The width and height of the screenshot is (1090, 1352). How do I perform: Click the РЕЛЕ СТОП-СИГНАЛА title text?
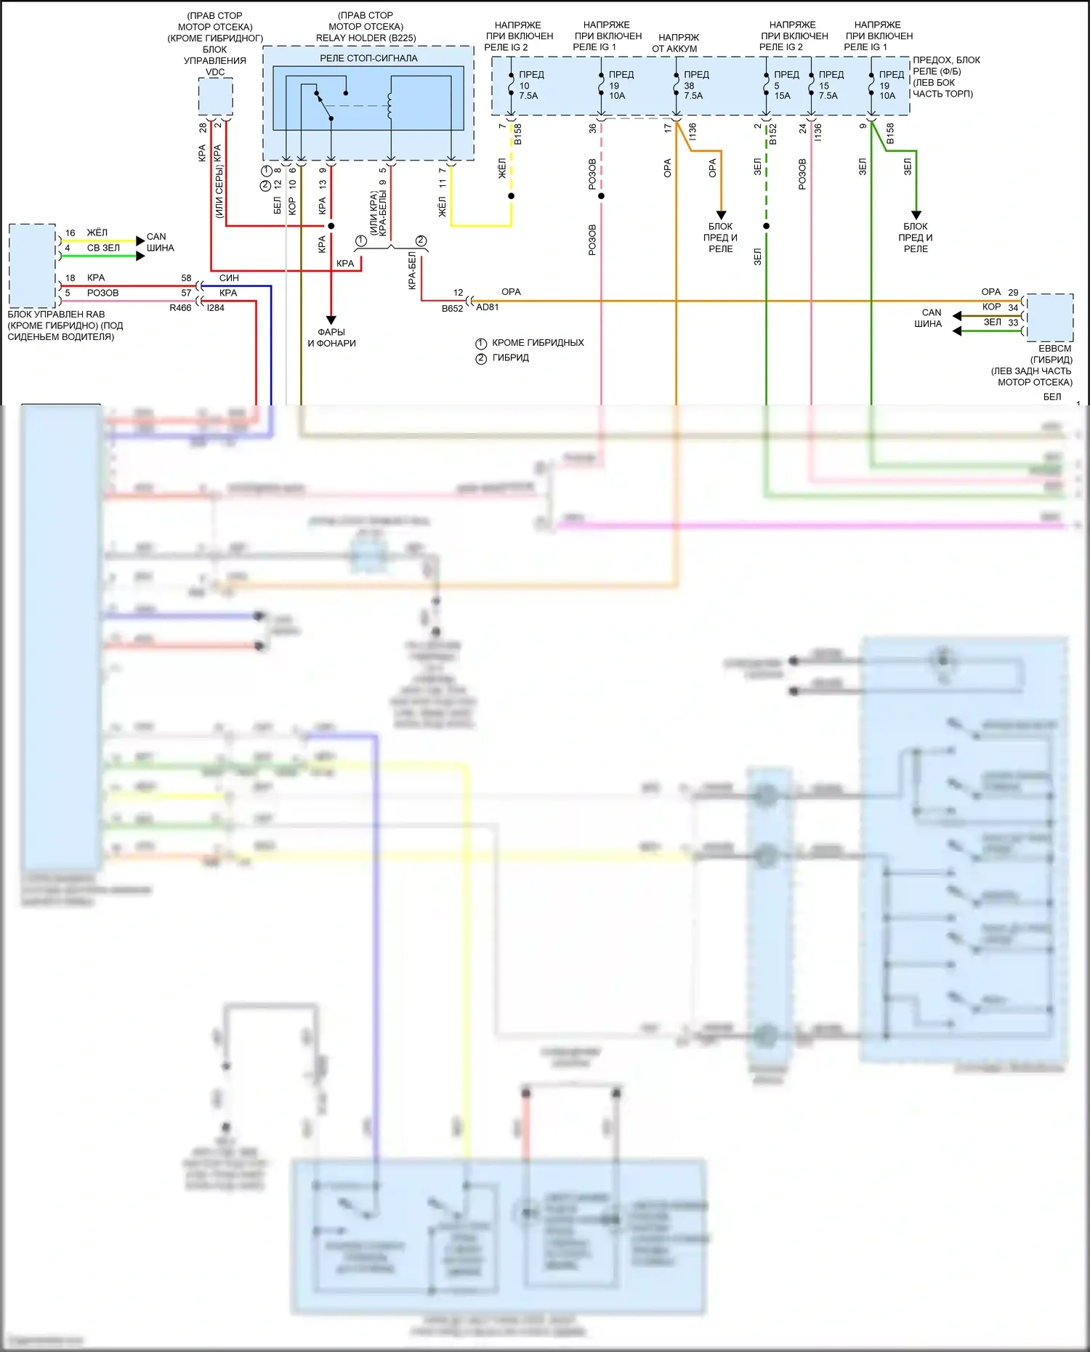pos(368,58)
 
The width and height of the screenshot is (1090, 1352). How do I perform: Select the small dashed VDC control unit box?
pos(216,97)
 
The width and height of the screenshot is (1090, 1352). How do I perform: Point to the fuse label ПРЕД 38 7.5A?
pos(695,85)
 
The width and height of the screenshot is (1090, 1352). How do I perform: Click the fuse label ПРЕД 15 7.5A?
pos(831,85)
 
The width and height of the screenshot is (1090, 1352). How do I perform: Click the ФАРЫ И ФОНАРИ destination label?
pos(331,338)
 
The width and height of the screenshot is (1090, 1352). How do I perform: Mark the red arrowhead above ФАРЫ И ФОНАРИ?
pos(331,320)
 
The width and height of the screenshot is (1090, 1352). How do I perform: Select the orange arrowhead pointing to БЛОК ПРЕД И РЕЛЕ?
pos(721,215)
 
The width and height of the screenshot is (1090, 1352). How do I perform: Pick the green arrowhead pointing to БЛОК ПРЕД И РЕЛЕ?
pos(916,215)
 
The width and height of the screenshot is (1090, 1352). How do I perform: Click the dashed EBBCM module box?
pos(1049,317)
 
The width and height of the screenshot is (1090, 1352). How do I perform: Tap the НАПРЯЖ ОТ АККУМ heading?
pos(677,43)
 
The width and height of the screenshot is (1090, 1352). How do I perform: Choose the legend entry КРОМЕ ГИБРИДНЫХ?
pos(538,343)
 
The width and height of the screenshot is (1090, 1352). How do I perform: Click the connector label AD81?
pos(488,307)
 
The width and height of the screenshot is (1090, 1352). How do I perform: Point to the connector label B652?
pos(452,309)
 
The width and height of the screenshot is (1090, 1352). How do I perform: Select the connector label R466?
pos(180,308)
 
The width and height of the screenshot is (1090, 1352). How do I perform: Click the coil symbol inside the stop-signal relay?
pos(390,106)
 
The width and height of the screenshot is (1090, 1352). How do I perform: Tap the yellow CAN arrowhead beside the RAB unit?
pos(140,240)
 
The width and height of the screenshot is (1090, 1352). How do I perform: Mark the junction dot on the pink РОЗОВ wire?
pos(601,196)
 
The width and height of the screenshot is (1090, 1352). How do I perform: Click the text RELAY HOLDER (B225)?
pos(366,38)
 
